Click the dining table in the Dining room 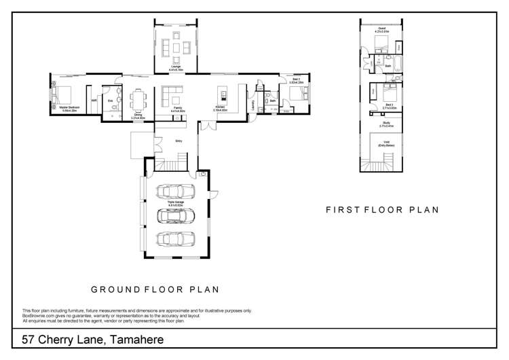pyautogui.click(x=138, y=100)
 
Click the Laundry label pyautogui.click(x=252, y=106)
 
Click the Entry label pyautogui.click(x=178, y=141)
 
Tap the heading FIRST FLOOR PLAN pyautogui.click(x=382, y=210)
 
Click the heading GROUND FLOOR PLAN pyautogui.click(x=155, y=289)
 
